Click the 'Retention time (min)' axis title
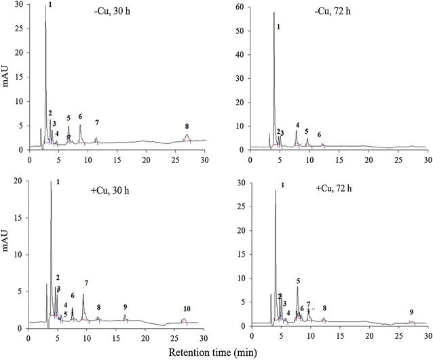(227, 353)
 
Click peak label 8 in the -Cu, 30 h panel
(187, 126)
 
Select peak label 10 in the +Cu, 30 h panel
(187, 308)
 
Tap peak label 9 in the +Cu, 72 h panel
(411, 312)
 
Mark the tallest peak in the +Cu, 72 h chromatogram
(275, 192)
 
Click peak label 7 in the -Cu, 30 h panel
(97, 122)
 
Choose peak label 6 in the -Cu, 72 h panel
(319, 135)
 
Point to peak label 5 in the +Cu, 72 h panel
(298, 281)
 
